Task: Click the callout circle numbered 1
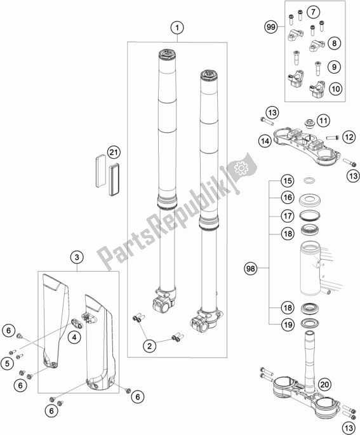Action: click(177, 27)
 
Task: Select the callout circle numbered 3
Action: click(77, 257)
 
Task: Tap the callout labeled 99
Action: click(270, 27)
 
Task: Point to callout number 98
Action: click(250, 268)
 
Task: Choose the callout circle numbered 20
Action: click(324, 384)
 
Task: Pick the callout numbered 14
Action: click(265, 141)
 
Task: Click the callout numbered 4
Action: click(74, 337)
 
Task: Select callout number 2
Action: click(149, 346)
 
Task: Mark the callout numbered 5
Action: click(7, 363)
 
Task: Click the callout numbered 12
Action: click(349, 137)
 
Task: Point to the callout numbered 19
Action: click(288, 325)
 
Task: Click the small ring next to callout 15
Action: click(309, 181)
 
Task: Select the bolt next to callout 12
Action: click(332, 137)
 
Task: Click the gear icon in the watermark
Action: click(241, 168)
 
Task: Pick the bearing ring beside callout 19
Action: click(310, 323)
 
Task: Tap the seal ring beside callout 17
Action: click(310, 215)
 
